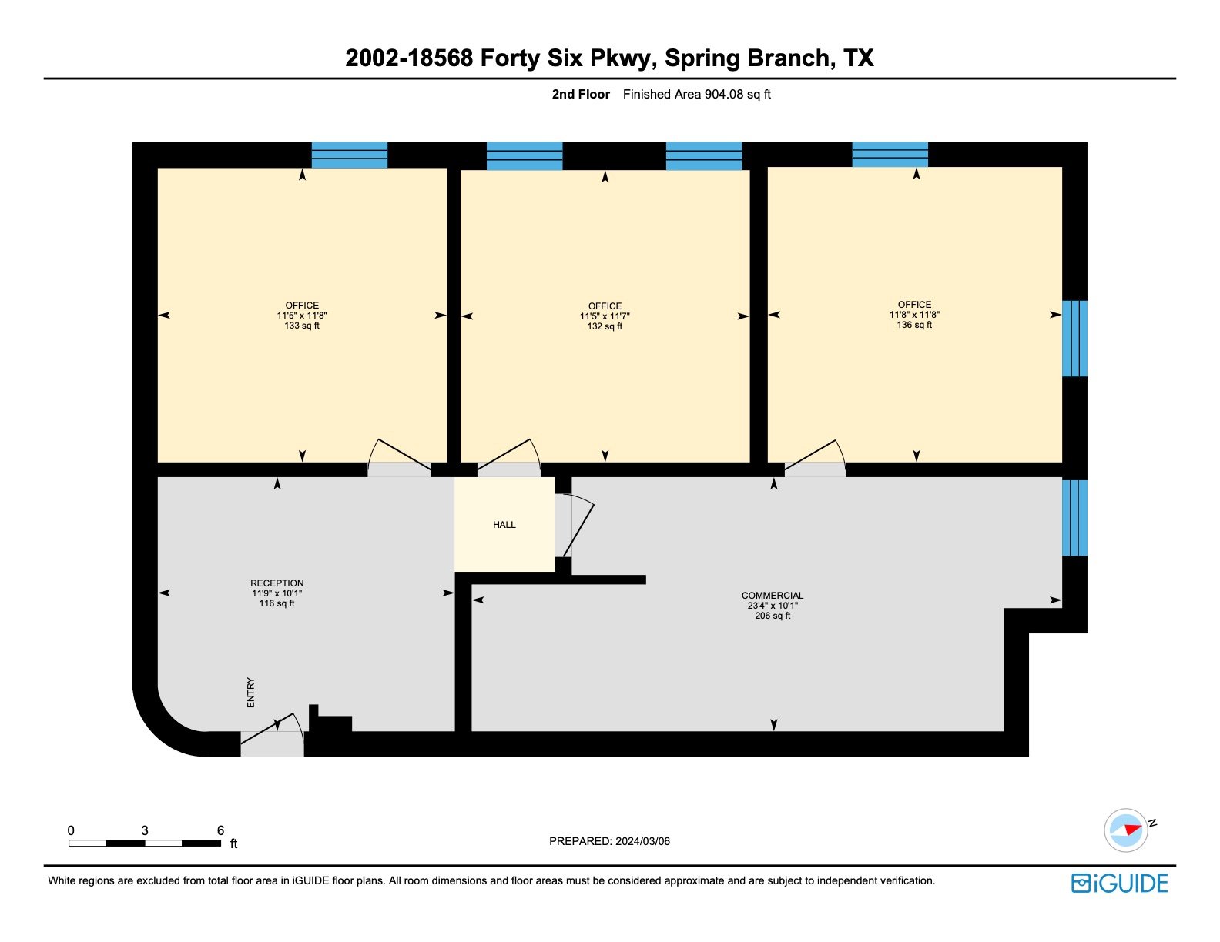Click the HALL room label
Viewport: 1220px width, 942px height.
[x=504, y=525]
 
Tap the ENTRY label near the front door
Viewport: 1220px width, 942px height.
[x=251, y=693]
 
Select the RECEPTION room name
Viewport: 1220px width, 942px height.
[x=277, y=583]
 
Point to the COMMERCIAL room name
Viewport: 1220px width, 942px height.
[x=772, y=595]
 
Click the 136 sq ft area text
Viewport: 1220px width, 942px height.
[x=914, y=325]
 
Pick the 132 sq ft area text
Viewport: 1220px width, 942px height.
[x=605, y=326]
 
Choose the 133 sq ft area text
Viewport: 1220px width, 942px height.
[x=301, y=326]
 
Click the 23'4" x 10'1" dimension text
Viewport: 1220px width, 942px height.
[x=772, y=606]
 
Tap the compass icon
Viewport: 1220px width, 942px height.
[x=1126, y=830]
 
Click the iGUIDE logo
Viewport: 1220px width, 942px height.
[x=1119, y=884]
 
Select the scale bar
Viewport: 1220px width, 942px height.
[x=144, y=843]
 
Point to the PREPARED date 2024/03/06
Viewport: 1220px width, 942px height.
[x=642, y=841]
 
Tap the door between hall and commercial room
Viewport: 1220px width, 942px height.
[x=574, y=525]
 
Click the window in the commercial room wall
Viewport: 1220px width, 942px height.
[x=1074, y=518]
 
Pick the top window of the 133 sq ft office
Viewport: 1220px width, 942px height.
[x=349, y=155]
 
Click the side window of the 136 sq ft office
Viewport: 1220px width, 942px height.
[x=1074, y=339]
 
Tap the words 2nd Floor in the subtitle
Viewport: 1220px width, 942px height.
[x=581, y=94]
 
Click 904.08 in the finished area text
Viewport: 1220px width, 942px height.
[x=724, y=94]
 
